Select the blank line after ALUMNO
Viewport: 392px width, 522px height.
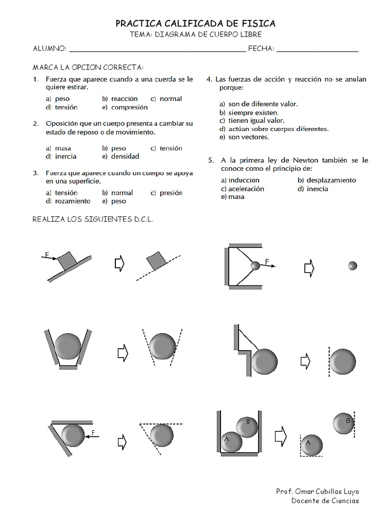(x=157, y=49)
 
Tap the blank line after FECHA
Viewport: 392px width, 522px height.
(x=317, y=49)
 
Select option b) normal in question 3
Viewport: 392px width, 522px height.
(x=117, y=193)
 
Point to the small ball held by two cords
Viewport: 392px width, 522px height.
(x=255, y=266)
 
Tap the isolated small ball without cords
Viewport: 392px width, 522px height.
(x=352, y=266)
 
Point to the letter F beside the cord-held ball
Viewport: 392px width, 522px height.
(x=266, y=262)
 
